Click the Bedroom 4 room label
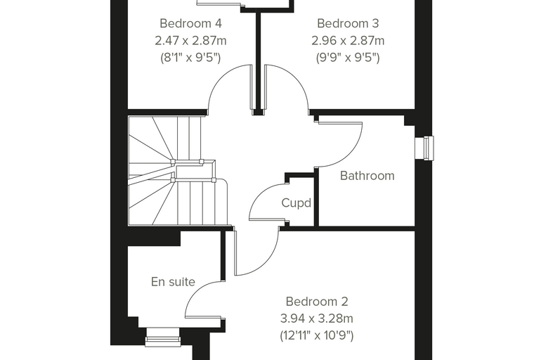[190, 23]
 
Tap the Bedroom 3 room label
[348, 23]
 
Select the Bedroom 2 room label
[317, 302]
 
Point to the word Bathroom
[367, 176]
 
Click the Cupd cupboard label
[297, 203]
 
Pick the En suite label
[173, 282]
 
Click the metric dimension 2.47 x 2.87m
[190, 41]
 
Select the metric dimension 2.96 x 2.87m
[348, 41]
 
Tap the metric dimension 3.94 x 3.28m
[317, 319]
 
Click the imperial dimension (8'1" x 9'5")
[190, 58]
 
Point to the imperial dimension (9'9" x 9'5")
[348, 58]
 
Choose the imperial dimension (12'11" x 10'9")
[317, 336]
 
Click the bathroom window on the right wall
[424, 148]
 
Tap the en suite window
[163, 337]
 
